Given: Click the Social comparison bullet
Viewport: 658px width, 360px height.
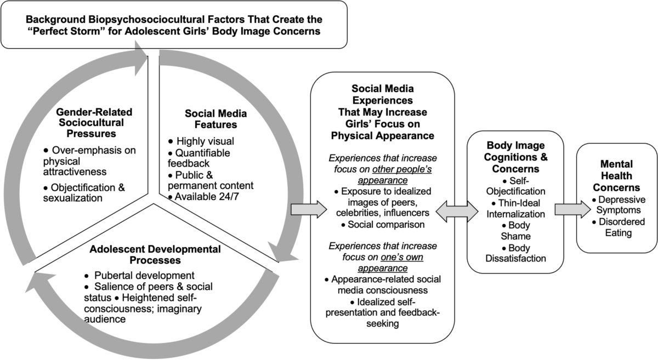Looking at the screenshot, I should click(x=383, y=225).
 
